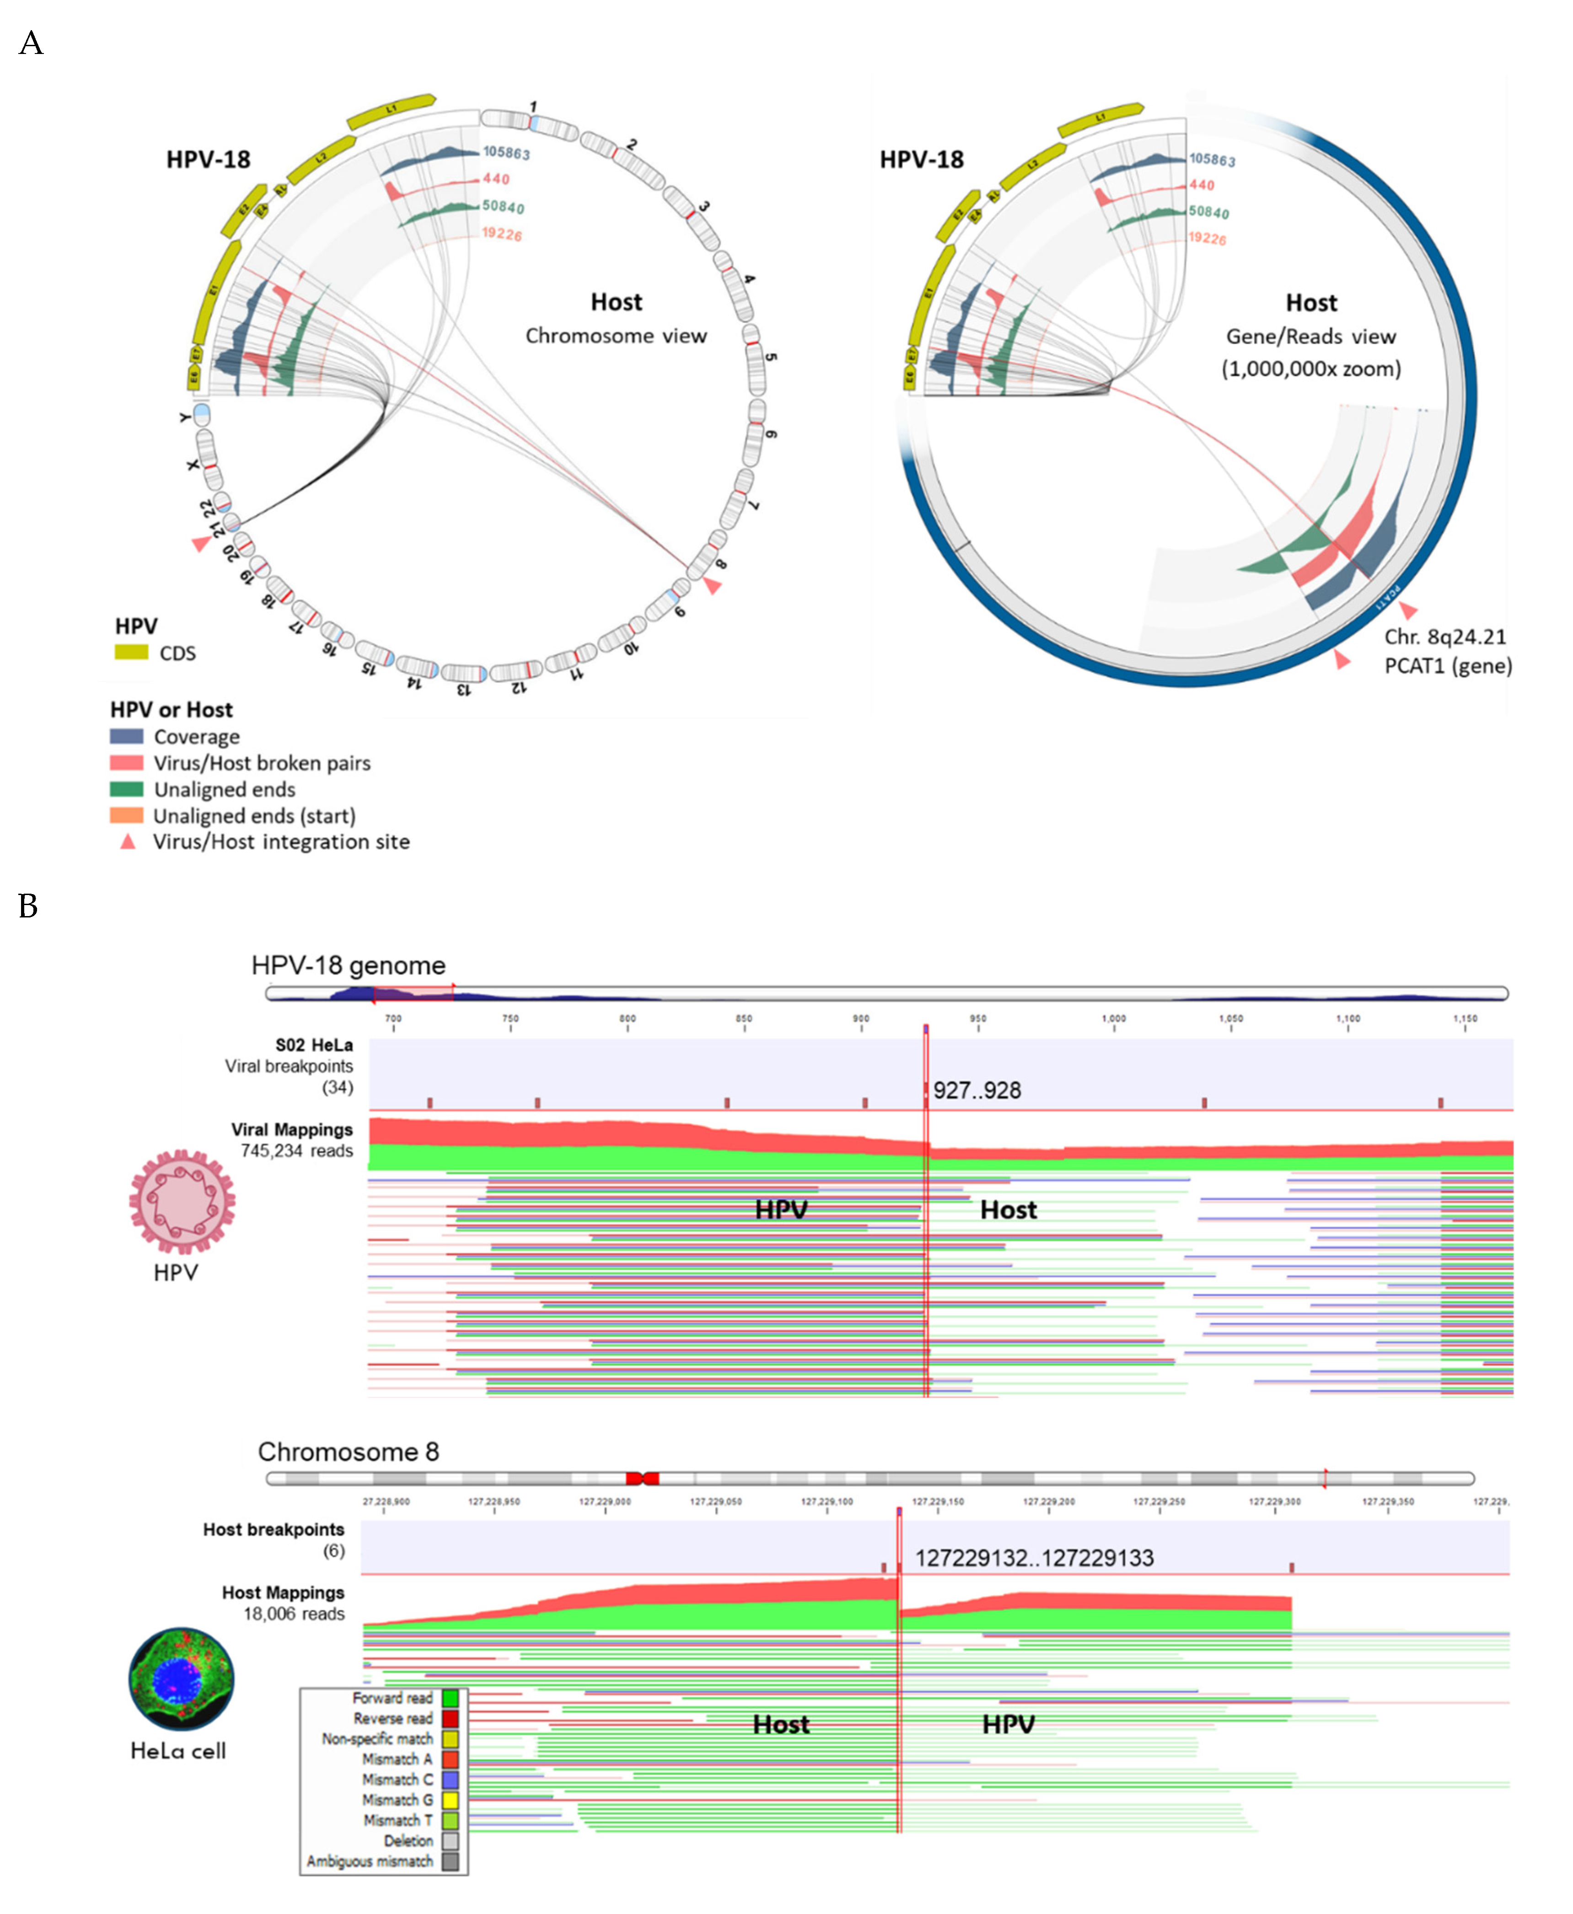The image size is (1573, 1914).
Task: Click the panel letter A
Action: (31, 43)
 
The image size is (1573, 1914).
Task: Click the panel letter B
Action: (28, 905)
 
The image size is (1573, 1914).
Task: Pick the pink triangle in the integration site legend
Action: (128, 842)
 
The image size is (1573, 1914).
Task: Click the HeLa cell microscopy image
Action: (181, 1678)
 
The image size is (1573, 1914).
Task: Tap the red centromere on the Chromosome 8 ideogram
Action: (642, 1478)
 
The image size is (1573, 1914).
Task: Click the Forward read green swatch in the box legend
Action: (450, 1698)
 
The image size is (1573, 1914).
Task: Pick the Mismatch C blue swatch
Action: (450, 1779)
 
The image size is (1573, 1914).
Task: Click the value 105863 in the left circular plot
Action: (505, 152)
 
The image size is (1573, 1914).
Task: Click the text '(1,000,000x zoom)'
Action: (1310, 369)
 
